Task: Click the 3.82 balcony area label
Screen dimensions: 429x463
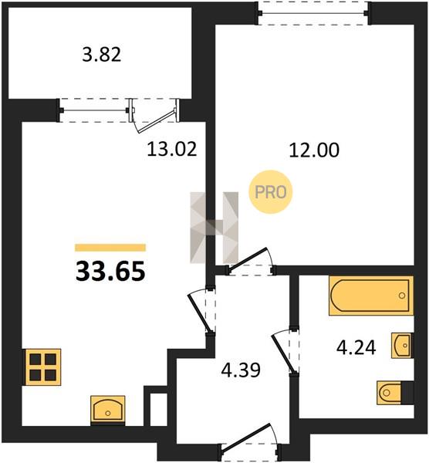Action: click(102, 55)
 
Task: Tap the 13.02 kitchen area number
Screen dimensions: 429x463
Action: click(172, 149)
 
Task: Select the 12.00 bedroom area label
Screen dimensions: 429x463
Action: click(314, 150)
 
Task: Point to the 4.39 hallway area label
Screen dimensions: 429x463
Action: click(241, 370)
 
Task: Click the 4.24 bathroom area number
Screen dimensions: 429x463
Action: click(356, 347)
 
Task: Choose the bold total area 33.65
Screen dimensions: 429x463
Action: click(110, 272)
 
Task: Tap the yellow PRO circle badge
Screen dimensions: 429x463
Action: click(271, 192)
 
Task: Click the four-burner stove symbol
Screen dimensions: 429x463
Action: click(42, 367)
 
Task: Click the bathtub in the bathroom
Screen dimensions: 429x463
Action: click(371, 296)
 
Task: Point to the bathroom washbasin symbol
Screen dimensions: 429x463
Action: click(401, 345)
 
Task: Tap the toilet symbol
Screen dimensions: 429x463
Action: click(390, 393)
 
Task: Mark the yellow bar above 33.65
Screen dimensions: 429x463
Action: click(110, 248)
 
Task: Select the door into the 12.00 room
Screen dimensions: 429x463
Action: click(251, 262)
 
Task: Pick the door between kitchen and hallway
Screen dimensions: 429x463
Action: click(202, 311)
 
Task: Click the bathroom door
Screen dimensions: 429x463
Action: click(285, 351)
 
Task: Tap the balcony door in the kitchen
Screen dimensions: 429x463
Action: click(154, 116)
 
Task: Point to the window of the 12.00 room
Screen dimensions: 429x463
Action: click(313, 13)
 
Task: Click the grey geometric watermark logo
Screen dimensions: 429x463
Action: click(214, 228)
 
